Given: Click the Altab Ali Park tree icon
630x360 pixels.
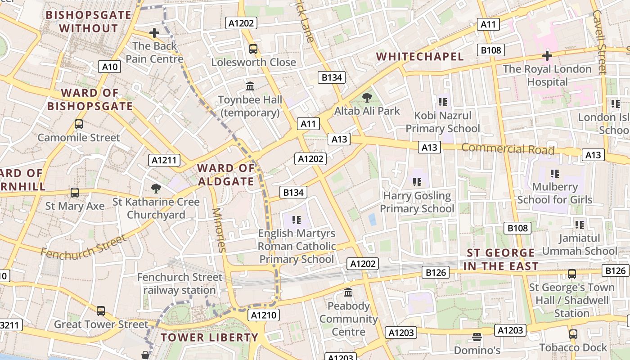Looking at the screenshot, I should coord(367,97).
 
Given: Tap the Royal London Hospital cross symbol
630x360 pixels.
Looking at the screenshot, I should coord(547,56).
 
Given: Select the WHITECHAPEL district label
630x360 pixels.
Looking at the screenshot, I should coord(419,57).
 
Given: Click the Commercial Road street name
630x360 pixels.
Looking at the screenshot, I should coord(508,148).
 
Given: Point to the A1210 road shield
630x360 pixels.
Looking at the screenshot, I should coord(263,315).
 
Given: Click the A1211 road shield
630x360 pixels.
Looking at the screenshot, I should coord(165,160).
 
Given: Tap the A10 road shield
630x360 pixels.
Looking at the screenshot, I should coord(109,67).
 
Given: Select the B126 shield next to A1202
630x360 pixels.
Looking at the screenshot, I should coord(436,272).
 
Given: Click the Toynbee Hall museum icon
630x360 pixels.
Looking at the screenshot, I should coord(250,86).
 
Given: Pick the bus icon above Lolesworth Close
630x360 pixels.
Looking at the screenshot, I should coord(253,49).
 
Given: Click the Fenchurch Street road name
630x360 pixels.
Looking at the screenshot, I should coord(83,246).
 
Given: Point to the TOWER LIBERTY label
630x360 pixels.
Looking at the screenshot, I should coord(209,337).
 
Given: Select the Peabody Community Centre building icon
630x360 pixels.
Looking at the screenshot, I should coord(348,292).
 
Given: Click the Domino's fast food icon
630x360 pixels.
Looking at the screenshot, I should coord(477,337).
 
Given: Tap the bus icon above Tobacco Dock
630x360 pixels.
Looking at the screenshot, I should coord(573,334).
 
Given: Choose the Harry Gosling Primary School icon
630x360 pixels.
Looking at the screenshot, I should coord(417,182).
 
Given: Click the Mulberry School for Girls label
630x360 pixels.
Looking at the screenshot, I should coord(554,193).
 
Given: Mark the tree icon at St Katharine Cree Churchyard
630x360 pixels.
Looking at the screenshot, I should coord(156,188).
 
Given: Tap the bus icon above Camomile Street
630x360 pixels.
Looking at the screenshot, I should coord(79,124).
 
